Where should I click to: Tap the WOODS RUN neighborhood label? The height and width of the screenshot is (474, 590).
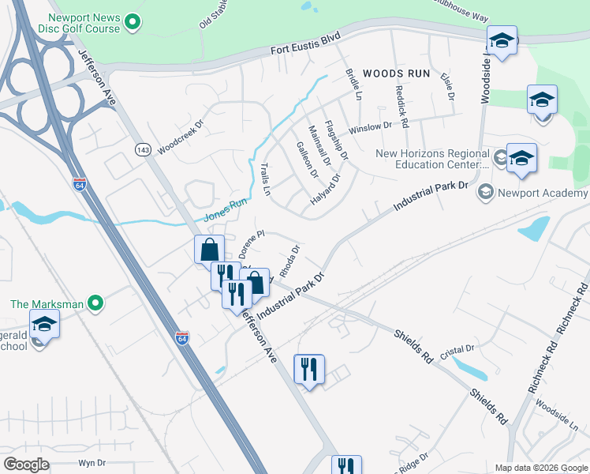pos(397,73)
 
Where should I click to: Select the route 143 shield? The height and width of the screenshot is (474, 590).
pos(143,150)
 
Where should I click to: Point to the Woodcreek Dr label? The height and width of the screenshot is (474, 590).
pos(180,136)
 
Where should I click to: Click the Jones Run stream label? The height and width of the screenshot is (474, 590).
pos(226,211)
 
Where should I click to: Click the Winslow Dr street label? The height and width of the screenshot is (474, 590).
pos(370,126)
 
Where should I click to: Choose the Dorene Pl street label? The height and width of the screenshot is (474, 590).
pos(251,245)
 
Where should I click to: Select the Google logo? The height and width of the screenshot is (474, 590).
pos(27,464)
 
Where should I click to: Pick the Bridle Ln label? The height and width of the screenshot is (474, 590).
pos(353,84)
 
